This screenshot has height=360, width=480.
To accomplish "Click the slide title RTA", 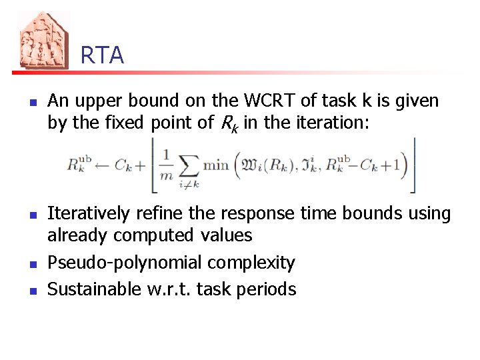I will tap(102, 55).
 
